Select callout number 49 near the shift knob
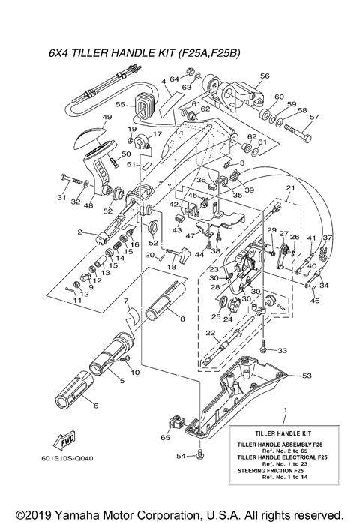(x=106, y=118)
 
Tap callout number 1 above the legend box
(x=284, y=410)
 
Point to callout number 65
(x=166, y=436)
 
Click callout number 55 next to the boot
(x=119, y=106)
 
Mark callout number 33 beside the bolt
(x=282, y=350)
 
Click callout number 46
(x=313, y=301)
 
